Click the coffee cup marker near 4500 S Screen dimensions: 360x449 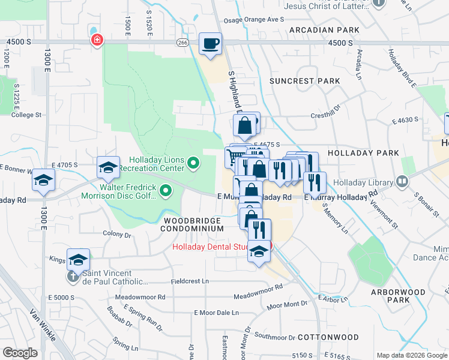click(210, 44)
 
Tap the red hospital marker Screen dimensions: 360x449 click(96, 40)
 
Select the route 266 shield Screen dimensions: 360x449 click(183, 43)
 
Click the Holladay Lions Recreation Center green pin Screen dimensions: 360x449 click(193, 163)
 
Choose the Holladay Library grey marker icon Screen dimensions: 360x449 click(402, 181)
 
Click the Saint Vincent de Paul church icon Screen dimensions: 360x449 click(72, 277)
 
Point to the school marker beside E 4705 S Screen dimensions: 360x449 click(108, 167)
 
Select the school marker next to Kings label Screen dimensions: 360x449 click(78, 259)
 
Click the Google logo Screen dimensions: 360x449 click(20, 353)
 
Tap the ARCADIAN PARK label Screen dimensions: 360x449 click(324, 29)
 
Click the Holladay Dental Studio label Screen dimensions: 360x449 click(219, 247)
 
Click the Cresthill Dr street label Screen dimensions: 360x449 click(325, 116)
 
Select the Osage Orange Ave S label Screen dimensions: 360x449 click(253, 19)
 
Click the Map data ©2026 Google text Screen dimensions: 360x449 click(412, 355)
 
